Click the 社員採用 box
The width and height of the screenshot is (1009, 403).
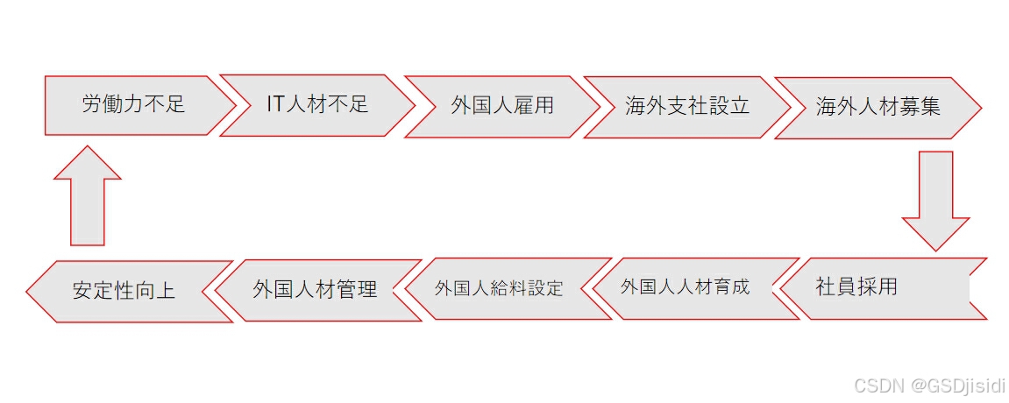coord(877,287)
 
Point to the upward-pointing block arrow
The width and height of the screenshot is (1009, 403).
coord(88,196)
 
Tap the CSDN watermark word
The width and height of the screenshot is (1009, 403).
coord(871,385)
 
